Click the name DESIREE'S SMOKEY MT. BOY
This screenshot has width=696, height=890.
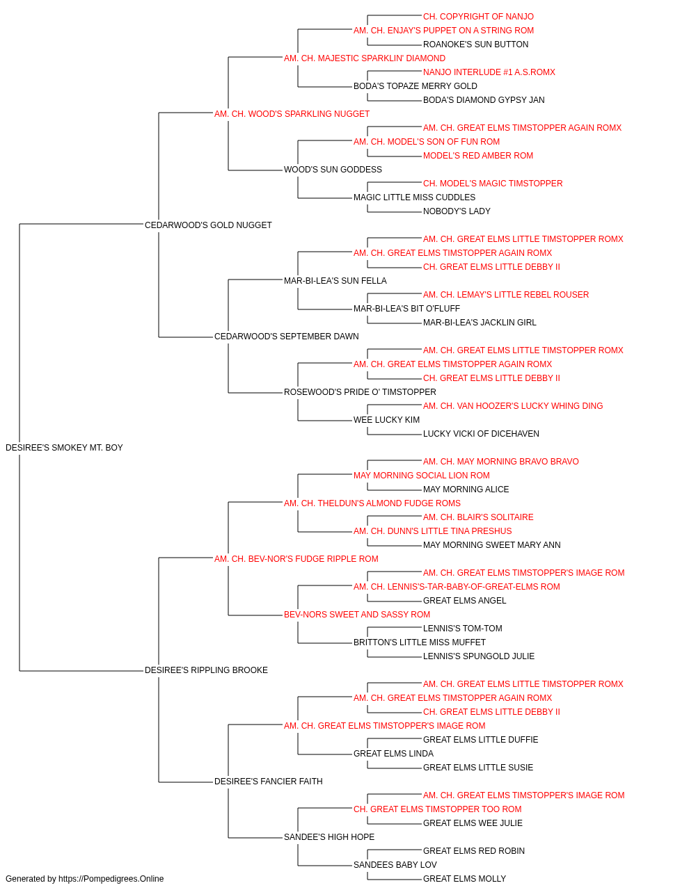[64, 448]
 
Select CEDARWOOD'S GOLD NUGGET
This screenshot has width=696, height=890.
[208, 225]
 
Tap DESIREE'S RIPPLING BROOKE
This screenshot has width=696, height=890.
[206, 670]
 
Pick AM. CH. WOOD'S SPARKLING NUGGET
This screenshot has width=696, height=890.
[292, 114]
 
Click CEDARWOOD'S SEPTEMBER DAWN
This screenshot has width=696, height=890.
[287, 337]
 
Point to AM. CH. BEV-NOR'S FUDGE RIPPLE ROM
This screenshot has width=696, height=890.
[296, 559]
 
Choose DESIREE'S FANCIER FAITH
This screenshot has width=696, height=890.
[269, 782]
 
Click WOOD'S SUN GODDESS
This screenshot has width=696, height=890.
[333, 170]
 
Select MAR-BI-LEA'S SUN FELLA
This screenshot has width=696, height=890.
[335, 281]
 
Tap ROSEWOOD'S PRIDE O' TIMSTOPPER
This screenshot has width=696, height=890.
[360, 392]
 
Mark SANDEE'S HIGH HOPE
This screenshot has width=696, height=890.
[329, 837]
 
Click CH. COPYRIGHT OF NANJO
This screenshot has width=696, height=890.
[478, 17]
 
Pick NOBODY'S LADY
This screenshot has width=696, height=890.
[457, 211]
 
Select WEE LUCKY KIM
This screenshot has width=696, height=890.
[386, 420]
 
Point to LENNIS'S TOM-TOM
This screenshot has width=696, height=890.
[462, 629]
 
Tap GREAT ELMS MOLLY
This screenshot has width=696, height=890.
[464, 879]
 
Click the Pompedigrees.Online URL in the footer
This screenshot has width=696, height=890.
[111, 879]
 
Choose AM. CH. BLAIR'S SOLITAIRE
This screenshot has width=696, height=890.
[478, 517]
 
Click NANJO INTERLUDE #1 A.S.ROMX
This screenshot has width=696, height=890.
[489, 72]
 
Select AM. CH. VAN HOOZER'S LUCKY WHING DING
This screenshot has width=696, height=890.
[513, 406]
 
